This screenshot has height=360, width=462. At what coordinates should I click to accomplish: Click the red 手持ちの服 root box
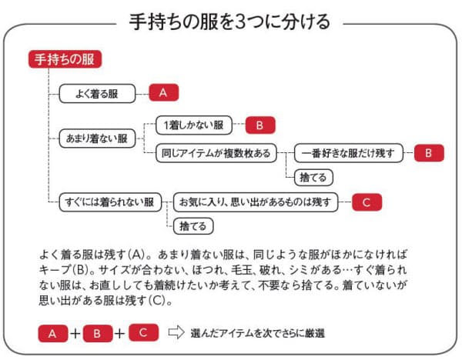65,59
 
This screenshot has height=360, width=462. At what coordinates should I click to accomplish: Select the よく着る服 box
97,94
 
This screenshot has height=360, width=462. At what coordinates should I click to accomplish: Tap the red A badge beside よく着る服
163,93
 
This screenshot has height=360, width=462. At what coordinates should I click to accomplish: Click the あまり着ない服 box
97,138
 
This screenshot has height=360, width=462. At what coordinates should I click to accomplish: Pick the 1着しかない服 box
194,125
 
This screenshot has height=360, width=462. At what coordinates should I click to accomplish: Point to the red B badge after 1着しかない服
260,125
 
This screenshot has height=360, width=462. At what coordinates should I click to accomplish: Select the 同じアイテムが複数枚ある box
216,153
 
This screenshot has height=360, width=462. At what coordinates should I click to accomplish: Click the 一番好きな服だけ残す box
349,153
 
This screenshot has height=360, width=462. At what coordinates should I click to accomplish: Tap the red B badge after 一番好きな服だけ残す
429,153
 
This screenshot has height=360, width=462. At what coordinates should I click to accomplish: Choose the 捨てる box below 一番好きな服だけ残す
313,178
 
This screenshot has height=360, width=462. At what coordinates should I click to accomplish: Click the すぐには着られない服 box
110,202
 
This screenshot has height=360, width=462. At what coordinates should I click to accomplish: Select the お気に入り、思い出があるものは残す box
256,202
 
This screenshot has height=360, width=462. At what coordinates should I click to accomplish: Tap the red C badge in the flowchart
367,202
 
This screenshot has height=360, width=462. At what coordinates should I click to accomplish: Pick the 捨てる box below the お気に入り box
193,226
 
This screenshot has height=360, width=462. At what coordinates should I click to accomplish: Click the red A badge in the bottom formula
52,333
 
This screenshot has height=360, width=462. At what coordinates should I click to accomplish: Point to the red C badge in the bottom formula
143,332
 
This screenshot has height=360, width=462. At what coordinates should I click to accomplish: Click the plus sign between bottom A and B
75,334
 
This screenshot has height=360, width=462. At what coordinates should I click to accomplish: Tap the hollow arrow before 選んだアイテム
176,332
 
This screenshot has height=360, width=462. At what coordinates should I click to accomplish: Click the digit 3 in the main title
241,22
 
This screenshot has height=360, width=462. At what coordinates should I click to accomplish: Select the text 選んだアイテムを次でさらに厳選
257,333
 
